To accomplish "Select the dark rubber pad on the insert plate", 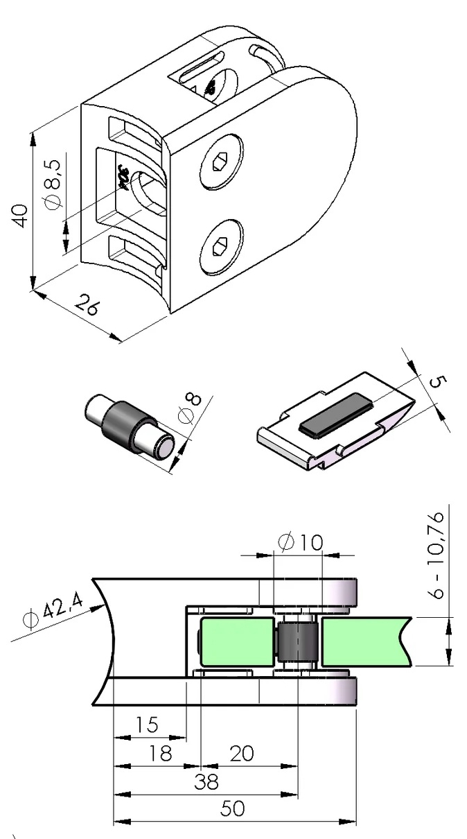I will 336,413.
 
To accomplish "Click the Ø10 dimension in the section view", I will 300,542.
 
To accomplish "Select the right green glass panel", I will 367,641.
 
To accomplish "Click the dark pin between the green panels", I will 298,642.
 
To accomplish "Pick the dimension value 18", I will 160,753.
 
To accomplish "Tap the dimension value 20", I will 241,753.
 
